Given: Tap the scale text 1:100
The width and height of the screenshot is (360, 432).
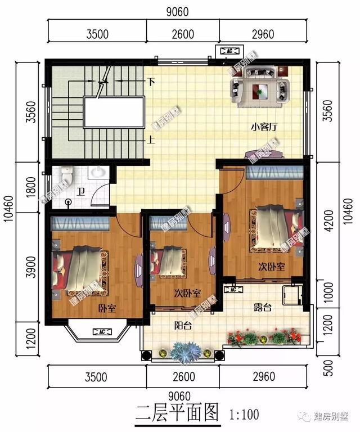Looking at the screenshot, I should pyautogui.click(x=244, y=415).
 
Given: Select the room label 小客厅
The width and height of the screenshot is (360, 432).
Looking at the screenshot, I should pyautogui.click(x=262, y=127).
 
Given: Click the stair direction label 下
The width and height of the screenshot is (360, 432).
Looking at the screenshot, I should pyautogui.click(x=151, y=81).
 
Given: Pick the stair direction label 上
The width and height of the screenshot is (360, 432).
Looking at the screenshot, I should pyautogui.click(x=151, y=141).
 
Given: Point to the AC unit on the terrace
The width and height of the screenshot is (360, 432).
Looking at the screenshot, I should pyautogui.click(x=231, y=289).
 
